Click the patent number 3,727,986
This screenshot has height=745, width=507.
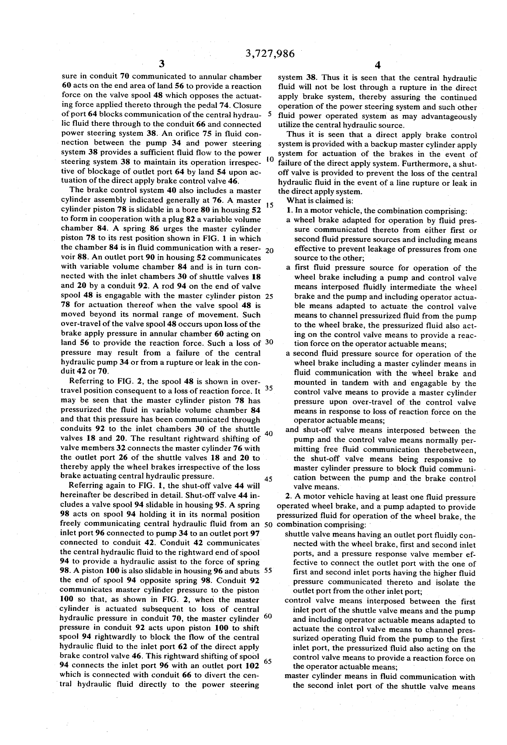(x=270, y=54)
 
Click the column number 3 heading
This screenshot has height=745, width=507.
(x=161, y=65)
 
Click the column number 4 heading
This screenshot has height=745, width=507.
(x=378, y=66)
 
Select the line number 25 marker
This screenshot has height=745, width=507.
(x=269, y=296)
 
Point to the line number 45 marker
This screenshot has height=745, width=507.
(x=269, y=479)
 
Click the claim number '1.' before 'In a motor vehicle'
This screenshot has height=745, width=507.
(x=290, y=211)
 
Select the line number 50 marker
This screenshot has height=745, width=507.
(x=269, y=524)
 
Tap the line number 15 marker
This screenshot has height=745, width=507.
(x=269, y=205)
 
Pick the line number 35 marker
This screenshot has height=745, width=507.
(x=269, y=388)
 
